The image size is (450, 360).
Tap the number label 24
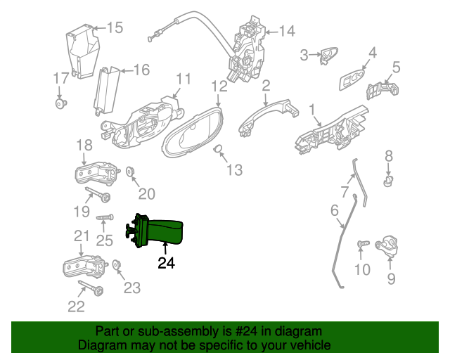166,264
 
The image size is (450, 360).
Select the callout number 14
288,31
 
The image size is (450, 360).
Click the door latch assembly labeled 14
247,49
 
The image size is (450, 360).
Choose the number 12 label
219,86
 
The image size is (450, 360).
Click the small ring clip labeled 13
219,149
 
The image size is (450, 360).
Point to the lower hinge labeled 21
84,266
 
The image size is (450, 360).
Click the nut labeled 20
131,172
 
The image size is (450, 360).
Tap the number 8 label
388,155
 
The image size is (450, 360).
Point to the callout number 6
334,210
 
